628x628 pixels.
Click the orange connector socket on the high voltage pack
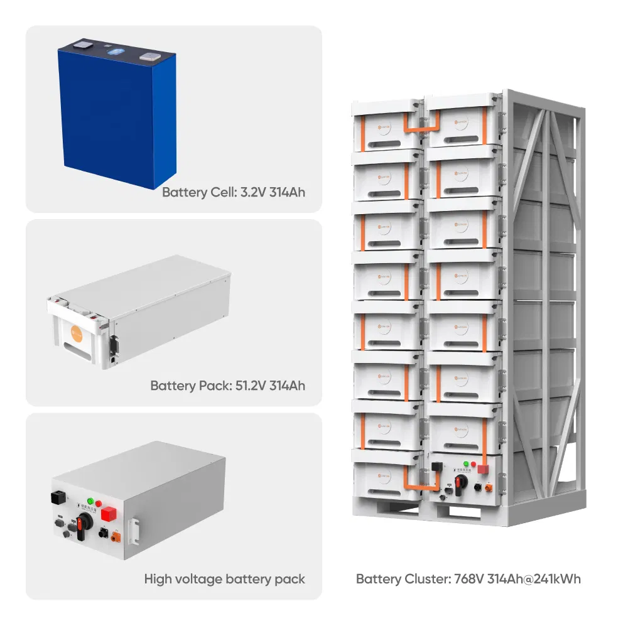coord(116,537)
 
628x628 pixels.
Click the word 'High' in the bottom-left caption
coord(158,578)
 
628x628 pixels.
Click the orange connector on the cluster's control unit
coord(488,486)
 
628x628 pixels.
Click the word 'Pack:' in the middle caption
coord(213,385)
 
